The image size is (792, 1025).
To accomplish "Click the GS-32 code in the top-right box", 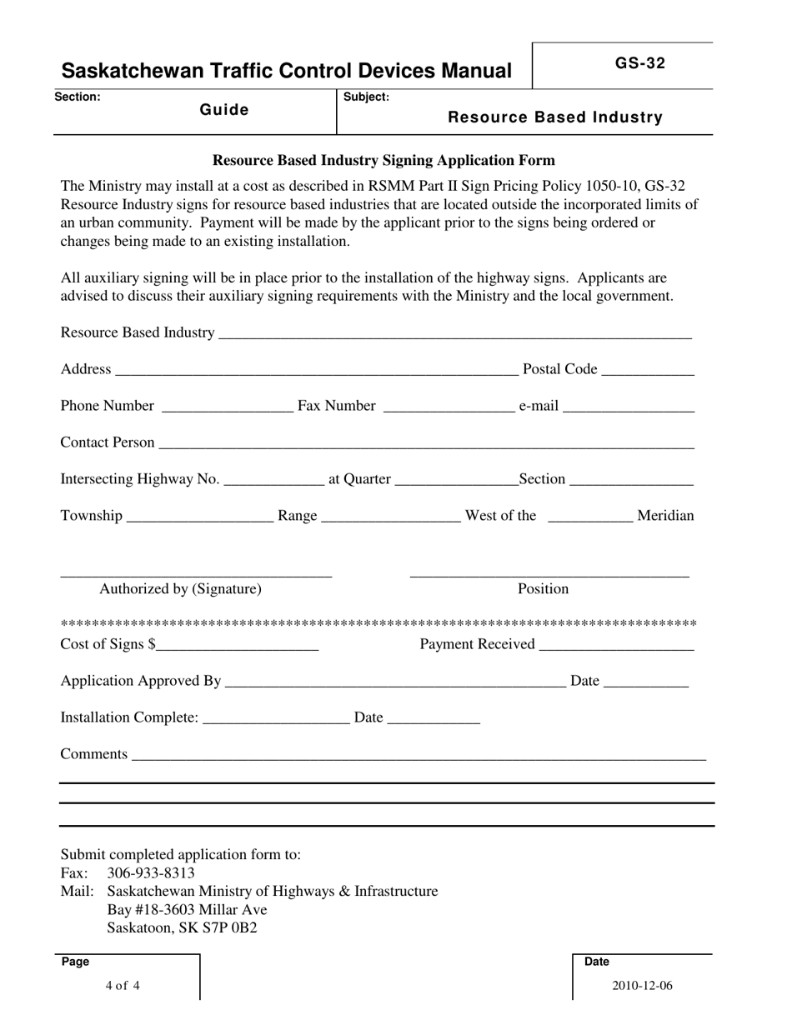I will [640, 63].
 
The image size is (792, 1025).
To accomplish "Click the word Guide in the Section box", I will [224, 110].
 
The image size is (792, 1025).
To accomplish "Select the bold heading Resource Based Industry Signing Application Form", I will [383, 160].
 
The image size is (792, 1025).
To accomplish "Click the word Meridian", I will [665, 516].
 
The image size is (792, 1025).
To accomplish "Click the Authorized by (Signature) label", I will [180, 589].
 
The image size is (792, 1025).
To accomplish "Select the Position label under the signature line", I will [544, 589].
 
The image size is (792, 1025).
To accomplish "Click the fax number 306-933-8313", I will [152, 873].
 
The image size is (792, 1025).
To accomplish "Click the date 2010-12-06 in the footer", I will [642, 986].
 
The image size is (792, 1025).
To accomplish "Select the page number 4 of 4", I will [123, 986].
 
